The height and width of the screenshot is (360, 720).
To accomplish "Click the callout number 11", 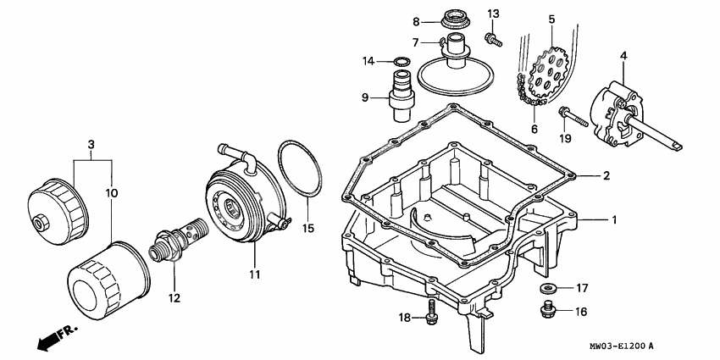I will pos(254,274).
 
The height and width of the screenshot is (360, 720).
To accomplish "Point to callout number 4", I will pos(623,57).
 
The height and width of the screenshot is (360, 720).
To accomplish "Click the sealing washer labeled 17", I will pos(547,289).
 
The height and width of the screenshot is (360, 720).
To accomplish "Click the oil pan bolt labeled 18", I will pos(432,312).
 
